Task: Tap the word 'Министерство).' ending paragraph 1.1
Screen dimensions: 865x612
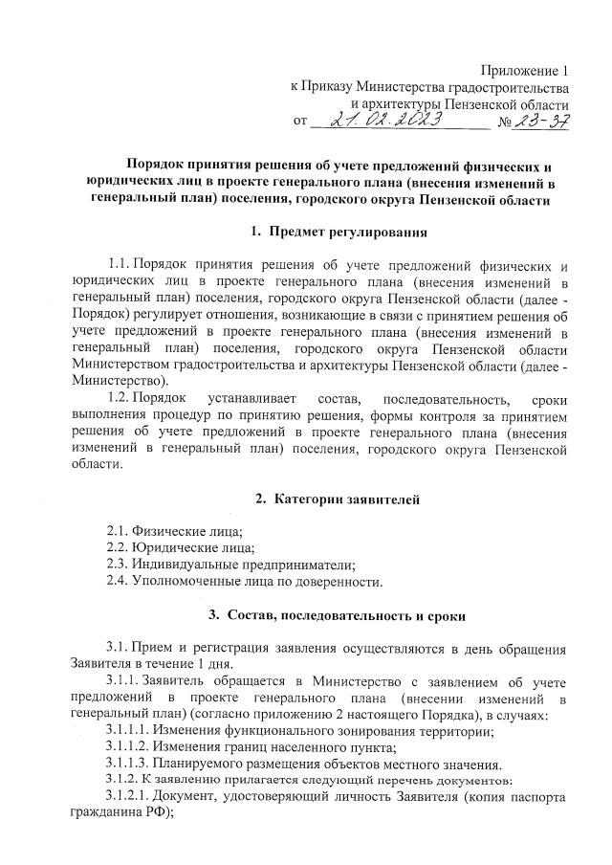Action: pyautogui.click(x=117, y=380)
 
